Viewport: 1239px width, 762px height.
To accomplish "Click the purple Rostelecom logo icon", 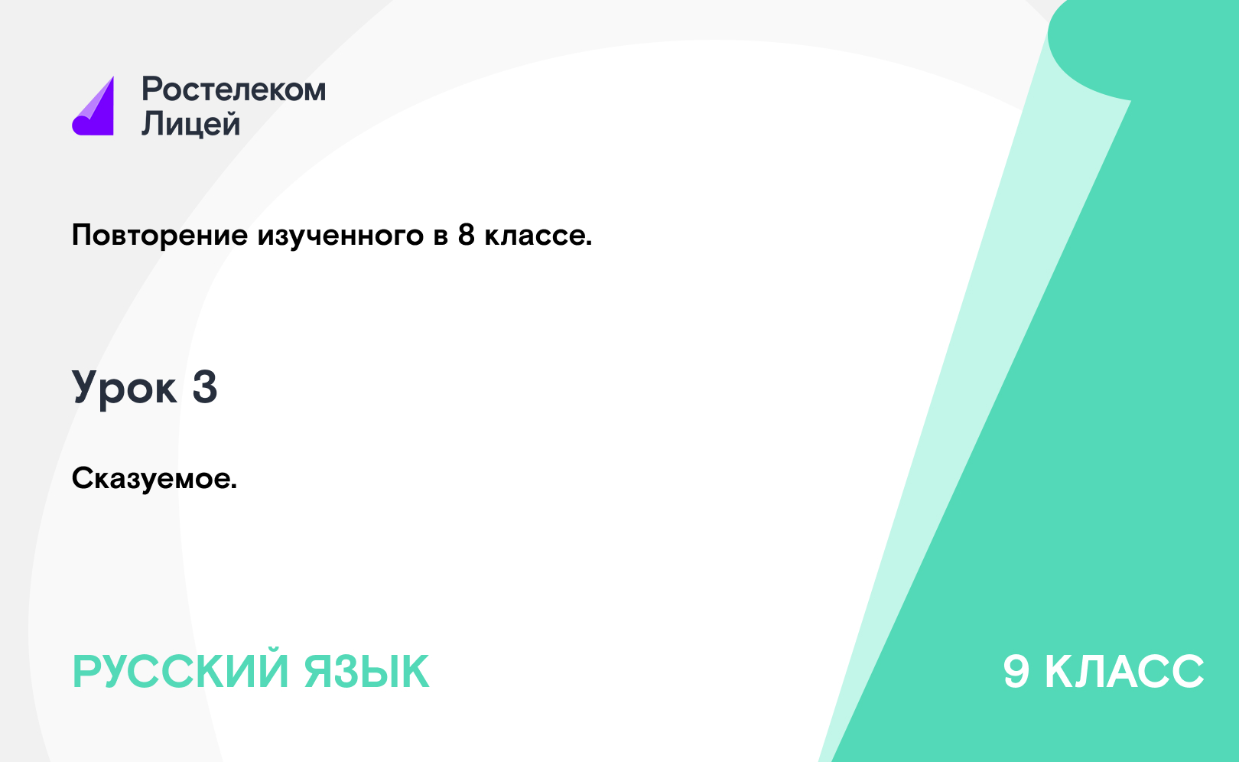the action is (93, 106).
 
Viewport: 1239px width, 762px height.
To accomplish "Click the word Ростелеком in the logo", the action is (233, 90).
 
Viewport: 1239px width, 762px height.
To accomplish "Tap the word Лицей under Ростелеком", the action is (191, 123).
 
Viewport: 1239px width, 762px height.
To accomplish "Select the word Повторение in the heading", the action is (160, 236).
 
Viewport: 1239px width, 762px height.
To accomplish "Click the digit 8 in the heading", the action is (467, 235).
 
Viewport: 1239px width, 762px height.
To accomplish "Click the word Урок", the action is (125, 388).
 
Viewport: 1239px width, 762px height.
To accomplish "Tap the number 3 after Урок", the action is (205, 387).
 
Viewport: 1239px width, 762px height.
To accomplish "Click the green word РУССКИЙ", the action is (180, 672).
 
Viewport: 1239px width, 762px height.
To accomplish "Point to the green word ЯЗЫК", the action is (366, 672).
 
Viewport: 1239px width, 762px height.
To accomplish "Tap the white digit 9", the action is (1016, 672).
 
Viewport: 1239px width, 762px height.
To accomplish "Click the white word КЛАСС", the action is (1124, 672).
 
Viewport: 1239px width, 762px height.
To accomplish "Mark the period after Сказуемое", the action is (234, 487).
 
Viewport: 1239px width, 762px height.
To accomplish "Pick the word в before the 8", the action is (441, 237).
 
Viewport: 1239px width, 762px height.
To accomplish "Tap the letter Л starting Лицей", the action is (153, 123).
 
